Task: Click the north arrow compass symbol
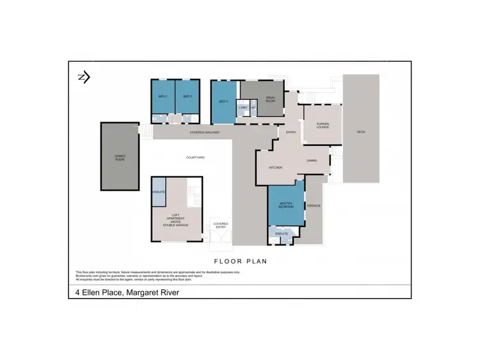83,77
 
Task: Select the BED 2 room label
163,97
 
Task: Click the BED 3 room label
188,97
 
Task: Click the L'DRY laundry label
243,107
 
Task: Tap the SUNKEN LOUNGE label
323,126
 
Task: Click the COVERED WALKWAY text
205,132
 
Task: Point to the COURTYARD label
195,157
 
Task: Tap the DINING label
312,160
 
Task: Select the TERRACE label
314,206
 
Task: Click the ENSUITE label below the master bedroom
282,234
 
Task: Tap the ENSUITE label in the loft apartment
159,192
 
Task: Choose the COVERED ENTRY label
221,225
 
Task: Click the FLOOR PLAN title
240,261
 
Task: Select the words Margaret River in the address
154,293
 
